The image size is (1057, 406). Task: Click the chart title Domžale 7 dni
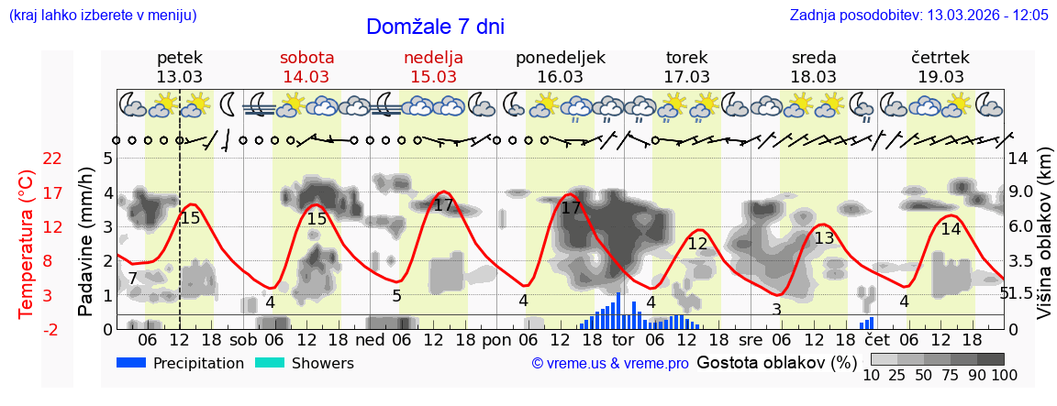coord(435,27)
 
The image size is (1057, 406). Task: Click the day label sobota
coord(306,57)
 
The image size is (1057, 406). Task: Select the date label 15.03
coord(433,77)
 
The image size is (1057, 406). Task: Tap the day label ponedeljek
coord(560,57)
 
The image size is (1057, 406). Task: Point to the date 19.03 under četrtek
coord(940,77)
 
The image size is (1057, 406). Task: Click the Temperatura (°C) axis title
coord(27,244)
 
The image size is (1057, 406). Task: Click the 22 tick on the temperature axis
coord(53,159)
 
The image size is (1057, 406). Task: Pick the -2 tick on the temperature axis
coord(53,329)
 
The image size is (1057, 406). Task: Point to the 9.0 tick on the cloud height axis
coord(1020,192)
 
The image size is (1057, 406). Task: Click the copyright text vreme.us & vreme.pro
coord(610,364)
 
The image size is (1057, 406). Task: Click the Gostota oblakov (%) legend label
coord(776,362)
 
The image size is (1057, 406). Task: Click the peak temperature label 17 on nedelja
coord(443,205)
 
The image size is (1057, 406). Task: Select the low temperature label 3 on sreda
coord(776,310)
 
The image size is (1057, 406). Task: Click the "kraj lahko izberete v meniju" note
coord(102,15)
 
